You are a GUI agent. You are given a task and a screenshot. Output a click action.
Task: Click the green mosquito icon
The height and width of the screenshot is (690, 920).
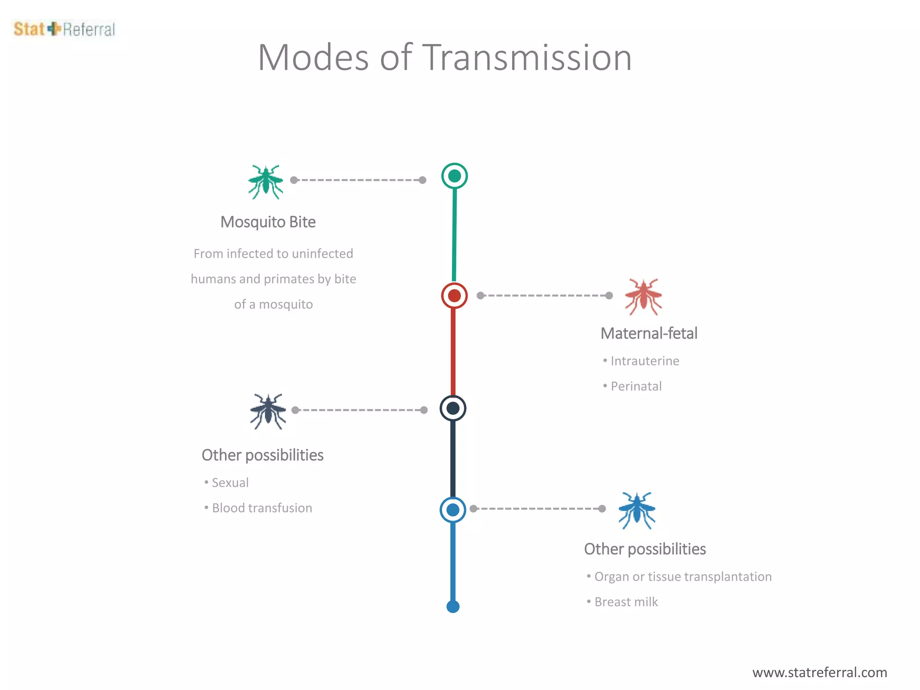tap(265, 181)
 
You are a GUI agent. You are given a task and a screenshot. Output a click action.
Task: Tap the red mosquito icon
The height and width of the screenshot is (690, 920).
tap(643, 296)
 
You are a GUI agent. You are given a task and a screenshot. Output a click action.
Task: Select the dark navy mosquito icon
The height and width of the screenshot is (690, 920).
tap(268, 411)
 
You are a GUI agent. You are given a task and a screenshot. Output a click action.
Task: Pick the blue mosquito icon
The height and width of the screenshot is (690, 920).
tap(637, 510)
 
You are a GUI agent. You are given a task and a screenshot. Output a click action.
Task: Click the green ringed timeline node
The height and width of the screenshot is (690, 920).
tap(455, 176)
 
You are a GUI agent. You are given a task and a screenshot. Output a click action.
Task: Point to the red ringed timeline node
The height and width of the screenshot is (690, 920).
tap(455, 296)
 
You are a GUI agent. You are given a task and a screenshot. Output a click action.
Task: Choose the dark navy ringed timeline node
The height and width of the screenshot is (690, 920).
tap(453, 408)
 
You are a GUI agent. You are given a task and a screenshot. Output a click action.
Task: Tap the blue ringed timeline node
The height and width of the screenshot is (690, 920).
tap(453, 510)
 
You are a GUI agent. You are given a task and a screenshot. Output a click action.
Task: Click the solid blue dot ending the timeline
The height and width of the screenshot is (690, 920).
tap(453, 607)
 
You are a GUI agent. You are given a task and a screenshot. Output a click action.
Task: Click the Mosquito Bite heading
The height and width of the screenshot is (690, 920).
tap(268, 222)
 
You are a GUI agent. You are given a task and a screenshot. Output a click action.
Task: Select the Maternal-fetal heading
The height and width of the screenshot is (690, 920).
tap(649, 333)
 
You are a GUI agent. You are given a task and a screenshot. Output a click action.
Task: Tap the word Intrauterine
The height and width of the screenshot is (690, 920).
tap(645, 361)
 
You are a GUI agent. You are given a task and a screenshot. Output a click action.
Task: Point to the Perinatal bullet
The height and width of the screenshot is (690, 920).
tap(636, 386)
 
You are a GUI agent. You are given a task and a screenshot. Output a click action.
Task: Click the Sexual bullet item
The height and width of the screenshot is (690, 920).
tap(230, 482)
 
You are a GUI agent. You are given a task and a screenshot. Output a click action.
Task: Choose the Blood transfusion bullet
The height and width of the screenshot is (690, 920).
tap(262, 508)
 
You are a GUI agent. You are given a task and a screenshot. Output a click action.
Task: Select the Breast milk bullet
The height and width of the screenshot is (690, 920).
tap(626, 602)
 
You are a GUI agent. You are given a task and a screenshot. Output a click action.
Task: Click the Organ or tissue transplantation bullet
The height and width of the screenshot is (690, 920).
tap(683, 576)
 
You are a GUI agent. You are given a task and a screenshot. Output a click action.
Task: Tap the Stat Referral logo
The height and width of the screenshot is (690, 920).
tap(64, 29)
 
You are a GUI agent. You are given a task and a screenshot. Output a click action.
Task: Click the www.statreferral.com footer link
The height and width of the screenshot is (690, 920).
tap(819, 672)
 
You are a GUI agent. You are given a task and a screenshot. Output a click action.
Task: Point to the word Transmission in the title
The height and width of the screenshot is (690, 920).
tap(528, 57)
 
